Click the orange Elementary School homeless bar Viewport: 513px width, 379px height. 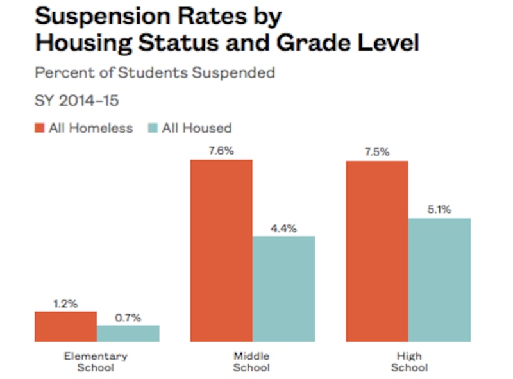(65, 326)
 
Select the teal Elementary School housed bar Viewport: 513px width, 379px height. (128, 333)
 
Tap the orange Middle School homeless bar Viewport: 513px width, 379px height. (221, 250)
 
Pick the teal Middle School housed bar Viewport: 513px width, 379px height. (284, 289)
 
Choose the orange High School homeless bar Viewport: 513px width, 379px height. (377, 251)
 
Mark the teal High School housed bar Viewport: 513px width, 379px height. (440, 280)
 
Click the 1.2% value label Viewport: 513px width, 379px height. (65, 303)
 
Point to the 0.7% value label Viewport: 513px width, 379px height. (128, 317)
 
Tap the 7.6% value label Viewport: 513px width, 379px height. (221, 151)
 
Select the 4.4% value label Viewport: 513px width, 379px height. (283, 228)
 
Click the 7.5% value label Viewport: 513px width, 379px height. (377, 153)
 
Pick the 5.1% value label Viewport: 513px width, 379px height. (440, 209)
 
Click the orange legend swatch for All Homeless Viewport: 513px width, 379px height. (39, 128)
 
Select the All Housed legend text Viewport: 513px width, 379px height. (196, 128)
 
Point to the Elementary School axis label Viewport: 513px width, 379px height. (96, 362)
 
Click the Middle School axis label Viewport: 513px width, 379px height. (251, 362)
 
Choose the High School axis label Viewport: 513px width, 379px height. (408, 362)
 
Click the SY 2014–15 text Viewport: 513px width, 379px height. (76, 101)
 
